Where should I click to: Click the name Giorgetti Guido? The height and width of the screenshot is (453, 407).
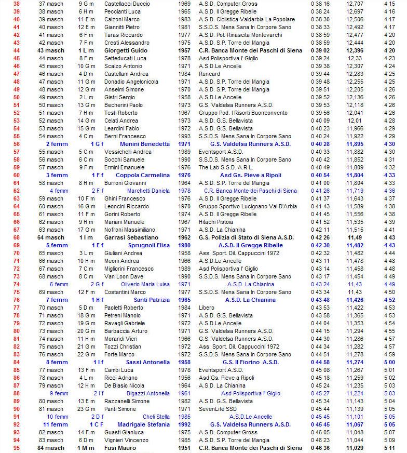(125, 50)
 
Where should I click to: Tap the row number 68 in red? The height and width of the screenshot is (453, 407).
(16, 237)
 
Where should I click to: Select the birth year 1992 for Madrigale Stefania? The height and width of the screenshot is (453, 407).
(184, 424)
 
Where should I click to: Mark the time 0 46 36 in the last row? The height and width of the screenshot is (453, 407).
(320, 448)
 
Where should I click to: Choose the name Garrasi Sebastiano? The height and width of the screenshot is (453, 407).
(130, 237)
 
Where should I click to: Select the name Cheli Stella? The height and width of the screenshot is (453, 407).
(156, 417)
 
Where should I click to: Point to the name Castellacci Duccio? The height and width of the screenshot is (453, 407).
(127, 4)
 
